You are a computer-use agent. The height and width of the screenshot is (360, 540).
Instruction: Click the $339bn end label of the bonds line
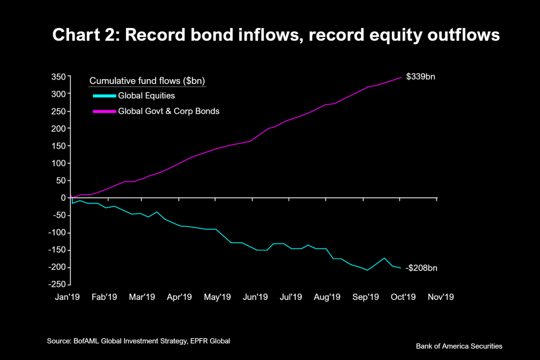(x=420, y=77)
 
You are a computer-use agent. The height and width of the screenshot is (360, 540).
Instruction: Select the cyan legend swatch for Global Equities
(x=103, y=96)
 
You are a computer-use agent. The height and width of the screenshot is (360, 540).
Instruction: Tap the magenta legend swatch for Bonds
(x=103, y=112)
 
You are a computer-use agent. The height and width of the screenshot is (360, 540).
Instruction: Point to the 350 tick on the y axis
(x=58, y=77)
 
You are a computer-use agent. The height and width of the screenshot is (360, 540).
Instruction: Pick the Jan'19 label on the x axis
(x=67, y=297)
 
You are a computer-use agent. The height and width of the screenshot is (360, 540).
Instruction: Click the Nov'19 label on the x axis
(x=441, y=297)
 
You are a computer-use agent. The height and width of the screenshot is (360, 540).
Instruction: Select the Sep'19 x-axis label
(x=366, y=297)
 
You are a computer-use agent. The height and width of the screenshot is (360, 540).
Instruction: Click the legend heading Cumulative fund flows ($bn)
(x=147, y=81)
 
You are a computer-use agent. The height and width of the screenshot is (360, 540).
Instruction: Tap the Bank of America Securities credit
(x=459, y=346)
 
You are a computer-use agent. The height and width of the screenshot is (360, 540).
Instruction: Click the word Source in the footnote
(x=59, y=342)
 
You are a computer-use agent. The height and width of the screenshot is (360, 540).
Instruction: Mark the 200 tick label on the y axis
(x=58, y=129)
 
